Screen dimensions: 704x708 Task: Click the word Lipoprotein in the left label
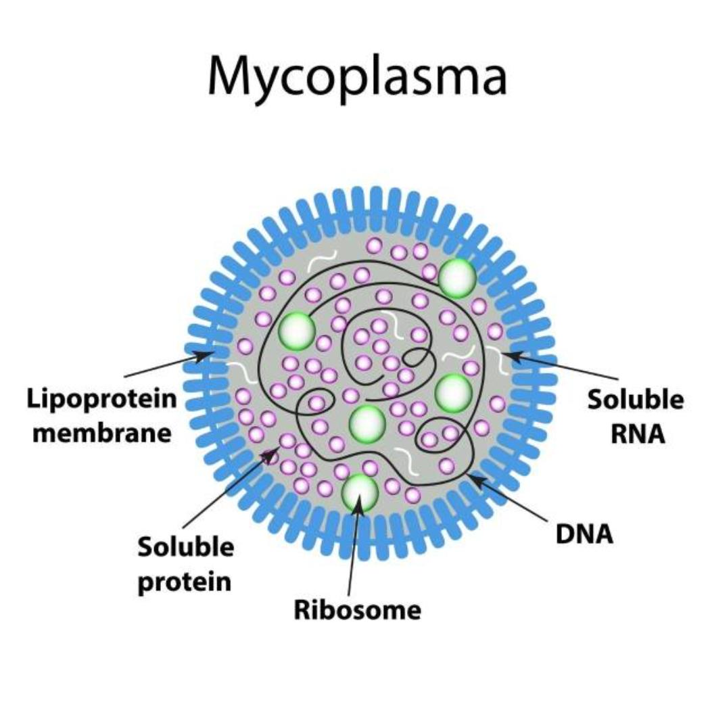point(102,400)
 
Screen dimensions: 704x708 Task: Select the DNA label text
point(584,534)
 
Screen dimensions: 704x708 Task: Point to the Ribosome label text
point(357,610)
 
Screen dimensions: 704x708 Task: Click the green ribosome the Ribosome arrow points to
point(360,492)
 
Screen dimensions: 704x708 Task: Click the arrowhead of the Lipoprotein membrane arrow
point(207,353)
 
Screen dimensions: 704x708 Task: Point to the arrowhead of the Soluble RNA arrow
point(509,354)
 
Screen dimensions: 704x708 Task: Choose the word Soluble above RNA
point(635,400)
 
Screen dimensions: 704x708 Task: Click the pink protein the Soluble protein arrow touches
point(287,442)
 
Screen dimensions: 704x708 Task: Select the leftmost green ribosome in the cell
point(297,330)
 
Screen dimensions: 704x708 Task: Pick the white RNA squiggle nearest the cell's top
point(321,260)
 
